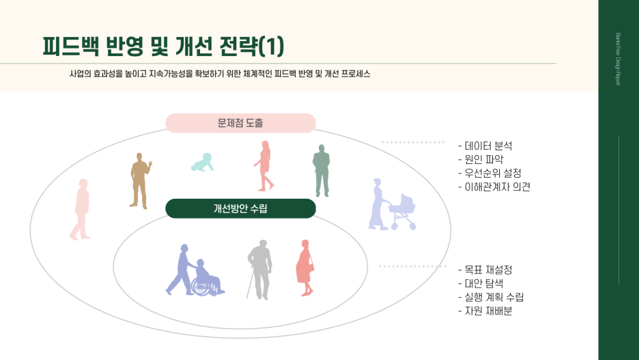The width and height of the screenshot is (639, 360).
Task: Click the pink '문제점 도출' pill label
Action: coord(240,123)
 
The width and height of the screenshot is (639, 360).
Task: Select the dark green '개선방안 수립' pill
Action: coord(240,208)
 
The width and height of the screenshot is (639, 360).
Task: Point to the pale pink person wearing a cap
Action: coord(81,209)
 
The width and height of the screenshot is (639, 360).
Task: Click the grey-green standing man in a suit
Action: coord(321,170)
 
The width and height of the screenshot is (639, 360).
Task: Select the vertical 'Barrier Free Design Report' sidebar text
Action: coord(618,61)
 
